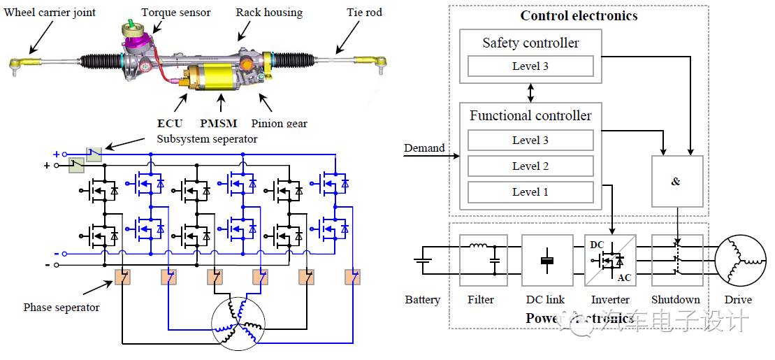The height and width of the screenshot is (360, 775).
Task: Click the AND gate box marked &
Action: [x=676, y=181]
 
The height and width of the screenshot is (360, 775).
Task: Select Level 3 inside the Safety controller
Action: [x=530, y=66]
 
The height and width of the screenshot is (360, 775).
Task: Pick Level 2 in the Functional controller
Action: [x=530, y=166]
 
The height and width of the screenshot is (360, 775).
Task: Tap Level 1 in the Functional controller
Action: [x=530, y=192]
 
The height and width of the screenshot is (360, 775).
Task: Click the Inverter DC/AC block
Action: [x=610, y=260]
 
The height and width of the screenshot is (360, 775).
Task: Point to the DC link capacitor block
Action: [x=547, y=260]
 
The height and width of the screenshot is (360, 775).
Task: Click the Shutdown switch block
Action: [x=676, y=260]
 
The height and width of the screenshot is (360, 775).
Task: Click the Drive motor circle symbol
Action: [x=739, y=261]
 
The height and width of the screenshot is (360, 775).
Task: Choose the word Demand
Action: [x=424, y=147]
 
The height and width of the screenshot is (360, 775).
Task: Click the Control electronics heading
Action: [x=579, y=15]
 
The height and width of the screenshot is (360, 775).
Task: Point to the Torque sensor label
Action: [x=175, y=13]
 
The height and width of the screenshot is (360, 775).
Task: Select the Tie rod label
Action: [x=364, y=13]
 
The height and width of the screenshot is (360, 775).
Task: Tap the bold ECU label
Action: [x=170, y=124]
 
